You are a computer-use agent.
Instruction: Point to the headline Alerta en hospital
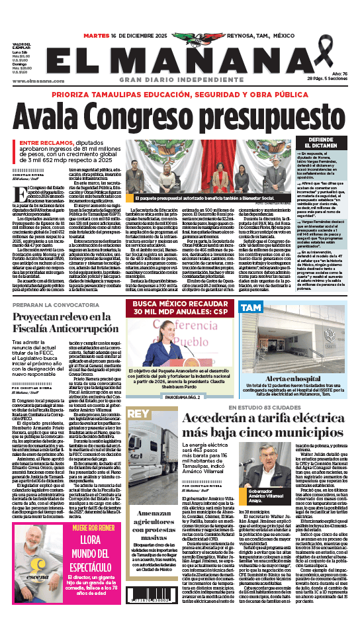pos(287,379)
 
